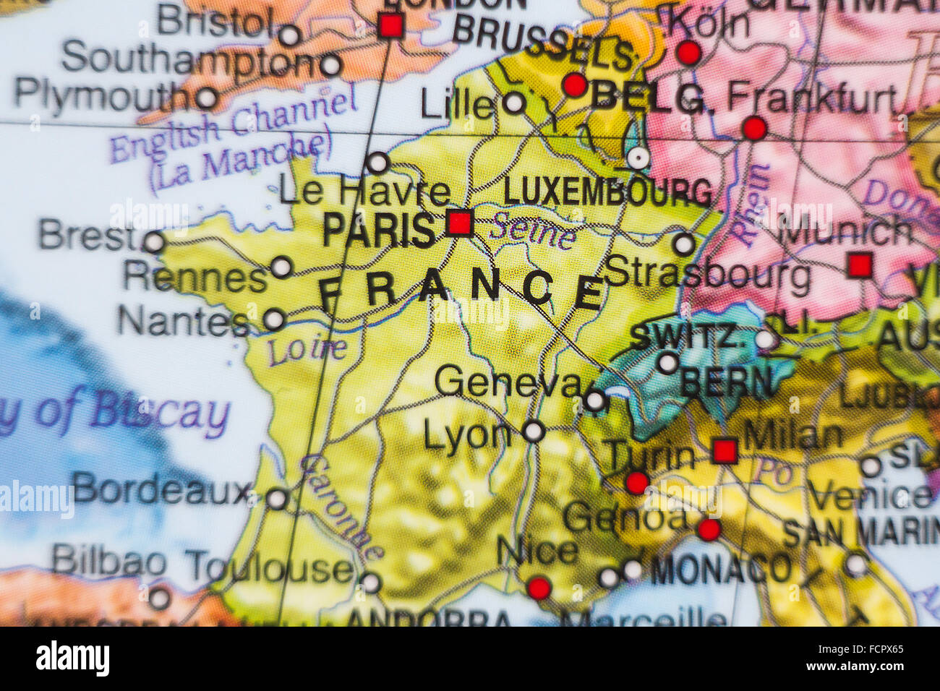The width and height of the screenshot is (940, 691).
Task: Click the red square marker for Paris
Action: click(x=459, y=222)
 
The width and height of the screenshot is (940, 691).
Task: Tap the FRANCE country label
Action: click(x=463, y=289)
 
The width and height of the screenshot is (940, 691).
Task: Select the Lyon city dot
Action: click(x=533, y=432)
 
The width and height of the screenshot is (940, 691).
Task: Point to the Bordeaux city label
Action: click(x=161, y=490)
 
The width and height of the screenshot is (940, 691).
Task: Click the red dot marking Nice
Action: click(x=539, y=588)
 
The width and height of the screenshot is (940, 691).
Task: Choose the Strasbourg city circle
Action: click(x=683, y=244)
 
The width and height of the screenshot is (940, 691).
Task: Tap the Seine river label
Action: click(x=534, y=231)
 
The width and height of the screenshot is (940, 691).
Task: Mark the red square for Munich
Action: click(x=860, y=265)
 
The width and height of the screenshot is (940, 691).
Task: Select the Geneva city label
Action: click(x=508, y=382)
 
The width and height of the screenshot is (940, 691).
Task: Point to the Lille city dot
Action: click(x=514, y=103)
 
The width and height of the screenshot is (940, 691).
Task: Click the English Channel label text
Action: click(x=233, y=127)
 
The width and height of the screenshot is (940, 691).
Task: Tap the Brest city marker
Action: click(x=153, y=241)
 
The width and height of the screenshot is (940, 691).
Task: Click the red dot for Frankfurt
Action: click(x=754, y=129)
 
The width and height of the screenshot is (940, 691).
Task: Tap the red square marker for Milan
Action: click(x=725, y=450)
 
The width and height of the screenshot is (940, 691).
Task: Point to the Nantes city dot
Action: click(x=274, y=319)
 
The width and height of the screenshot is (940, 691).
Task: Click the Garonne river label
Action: click(x=340, y=506)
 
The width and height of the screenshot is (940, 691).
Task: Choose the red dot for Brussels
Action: click(x=575, y=85)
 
